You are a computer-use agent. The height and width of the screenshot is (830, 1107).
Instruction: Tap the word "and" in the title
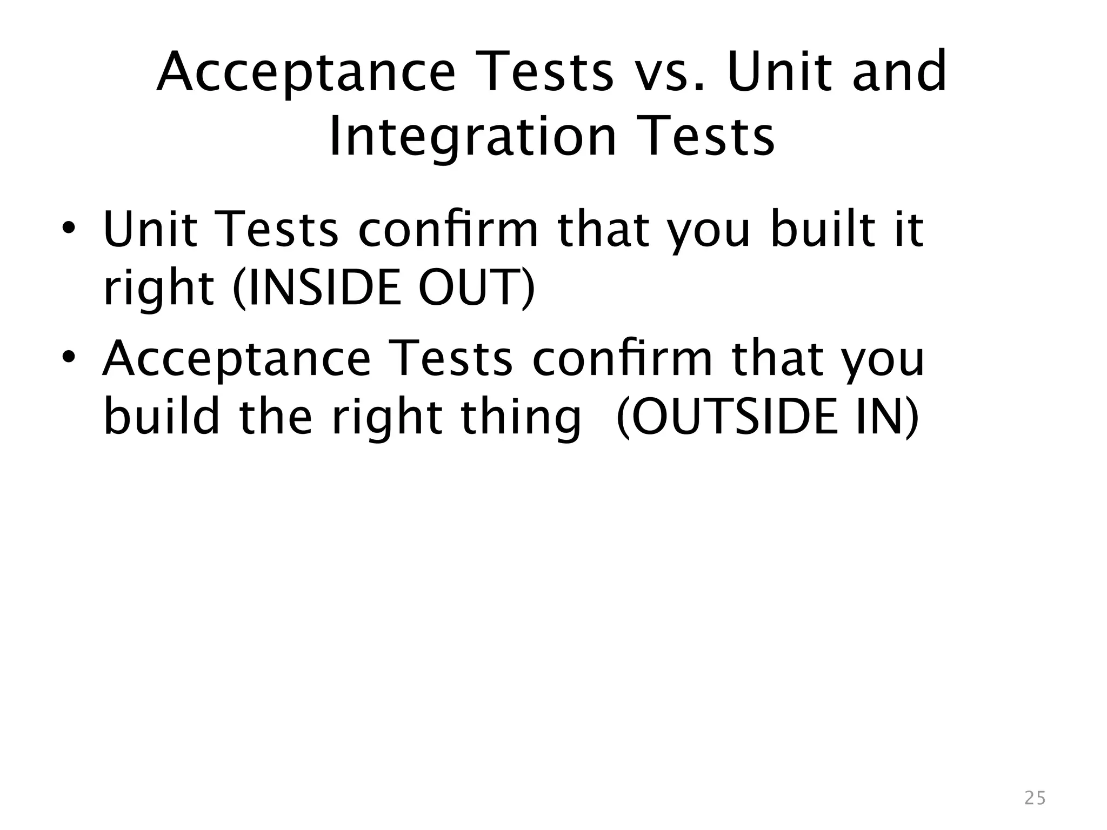pyautogui.click(x=899, y=72)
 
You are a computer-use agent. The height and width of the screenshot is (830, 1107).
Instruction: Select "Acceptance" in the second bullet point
pyautogui.click(x=237, y=359)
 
